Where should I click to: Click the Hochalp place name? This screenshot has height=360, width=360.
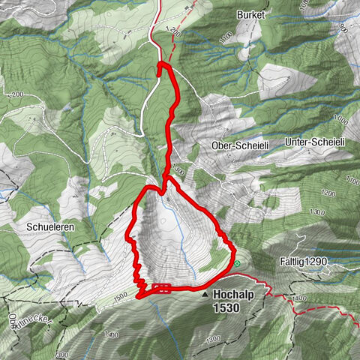coord(236,295)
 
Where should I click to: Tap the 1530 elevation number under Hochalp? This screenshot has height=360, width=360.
coord(226,307)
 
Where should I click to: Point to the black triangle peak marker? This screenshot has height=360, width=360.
coord(206,295)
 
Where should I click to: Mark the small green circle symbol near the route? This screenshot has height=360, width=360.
coord(237,263)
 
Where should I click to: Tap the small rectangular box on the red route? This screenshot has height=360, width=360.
coord(161,288)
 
